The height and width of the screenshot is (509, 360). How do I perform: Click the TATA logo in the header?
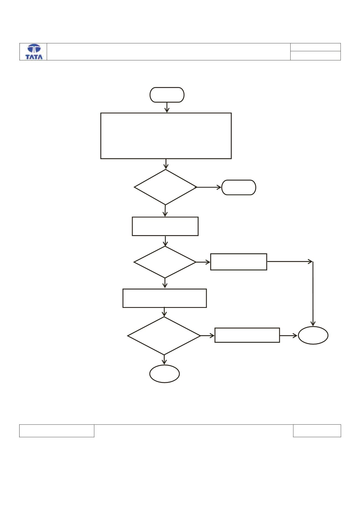click(x=34, y=52)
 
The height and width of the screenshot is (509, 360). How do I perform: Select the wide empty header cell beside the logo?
click(x=169, y=52)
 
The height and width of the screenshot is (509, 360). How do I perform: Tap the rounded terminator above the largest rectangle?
click(x=167, y=95)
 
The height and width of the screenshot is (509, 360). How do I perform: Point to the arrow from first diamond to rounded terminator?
click(x=209, y=187)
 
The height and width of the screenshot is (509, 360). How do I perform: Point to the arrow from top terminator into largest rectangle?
click(x=167, y=108)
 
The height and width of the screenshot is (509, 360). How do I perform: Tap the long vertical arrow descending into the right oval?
click(x=313, y=294)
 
